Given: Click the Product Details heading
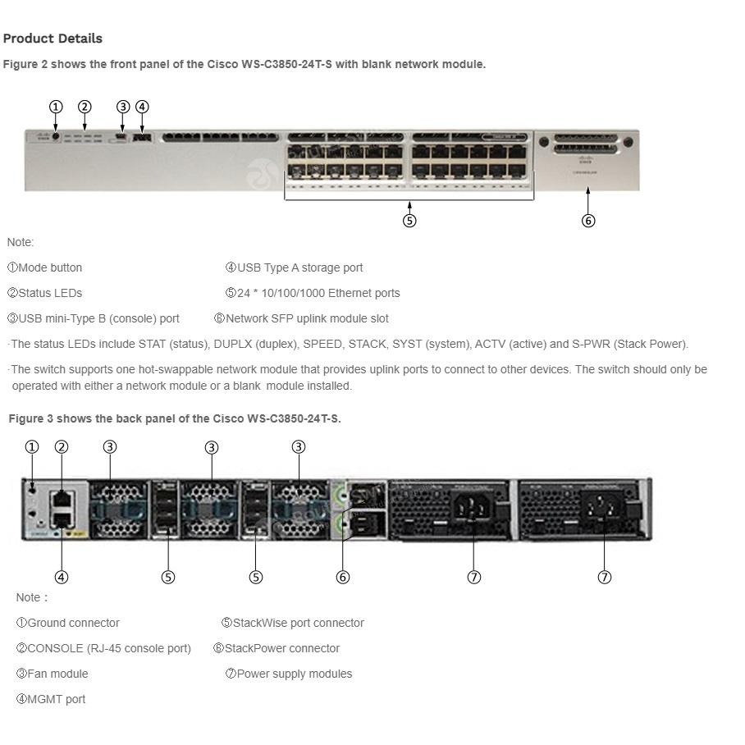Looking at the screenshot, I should (x=53, y=39).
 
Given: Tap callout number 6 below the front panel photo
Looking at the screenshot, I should (x=587, y=221).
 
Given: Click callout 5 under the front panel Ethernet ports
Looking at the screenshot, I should (x=409, y=221).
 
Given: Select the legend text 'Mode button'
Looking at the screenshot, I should (x=50, y=267).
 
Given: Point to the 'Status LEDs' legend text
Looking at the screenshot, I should (x=50, y=293).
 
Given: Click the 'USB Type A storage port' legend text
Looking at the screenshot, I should (x=299, y=267).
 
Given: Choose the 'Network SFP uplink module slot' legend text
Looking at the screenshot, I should (x=307, y=318).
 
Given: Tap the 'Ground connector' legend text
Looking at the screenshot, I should (x=73, y=623).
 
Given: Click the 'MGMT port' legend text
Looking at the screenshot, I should (x=56, y=699).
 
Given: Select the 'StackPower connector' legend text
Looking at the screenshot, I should (x=281, y=648).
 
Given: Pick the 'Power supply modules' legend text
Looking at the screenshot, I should (x=294, y=674).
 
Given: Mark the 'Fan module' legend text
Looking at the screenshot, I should (x=57, y=674).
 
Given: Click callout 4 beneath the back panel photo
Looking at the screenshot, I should (x=61, y=577).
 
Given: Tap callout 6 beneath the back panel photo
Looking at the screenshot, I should (x=343, y=577).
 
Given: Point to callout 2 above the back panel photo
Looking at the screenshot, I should (x=61, y=447).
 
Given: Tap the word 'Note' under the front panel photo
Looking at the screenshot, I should (x=20, y=242).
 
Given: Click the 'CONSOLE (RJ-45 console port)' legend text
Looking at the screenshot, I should (x=108, y=648).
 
